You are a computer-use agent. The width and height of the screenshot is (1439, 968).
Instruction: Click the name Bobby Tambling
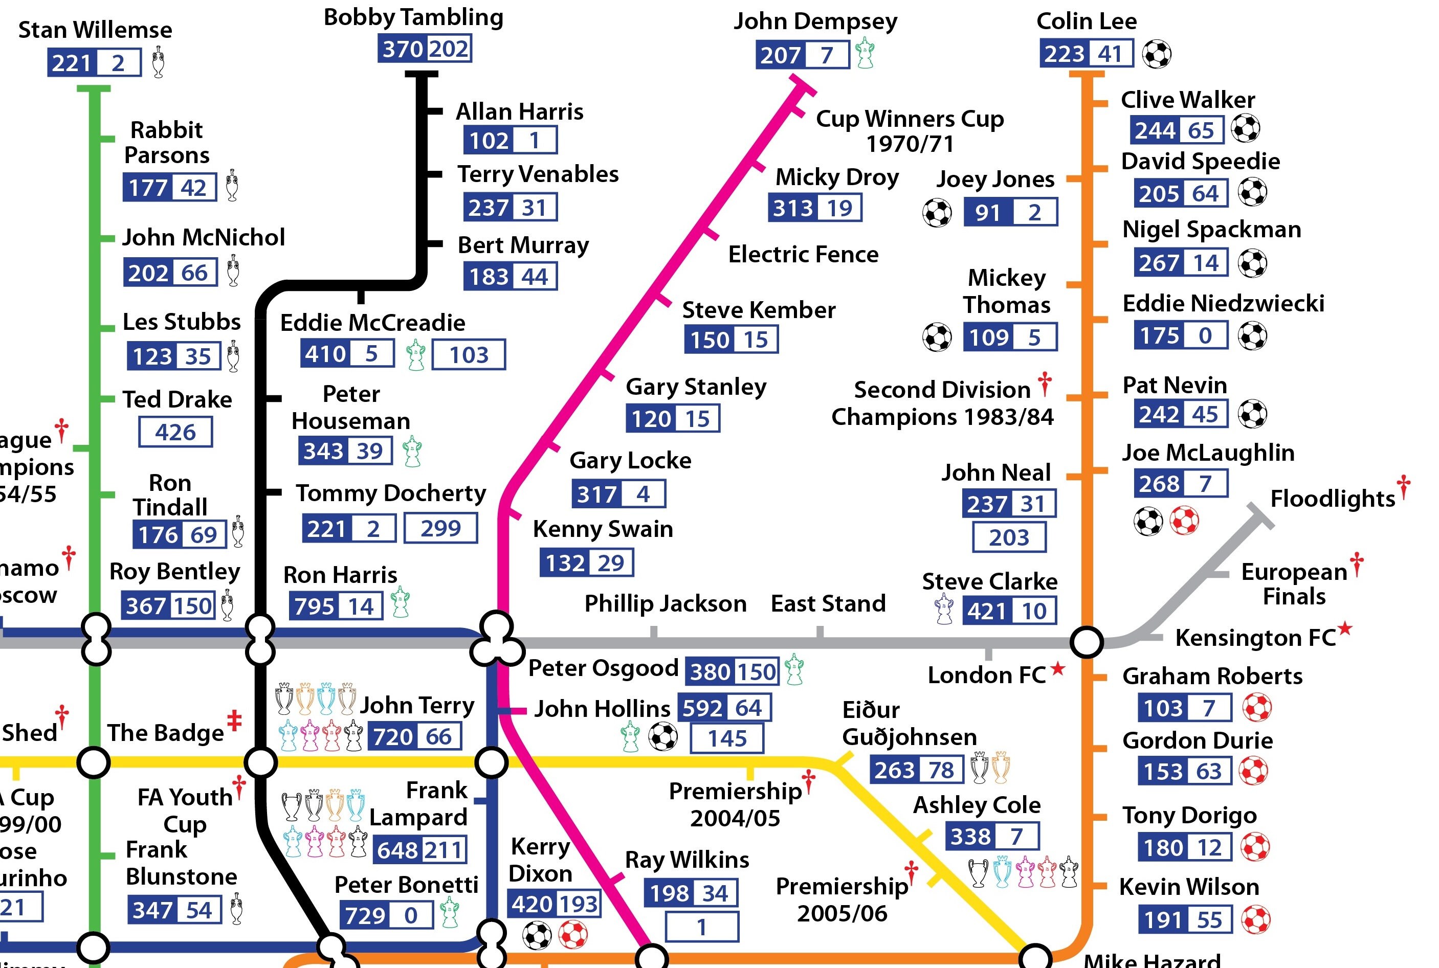pyautogui.click(x=413, y=17)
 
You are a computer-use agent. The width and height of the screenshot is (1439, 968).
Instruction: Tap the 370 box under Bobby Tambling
pyautogui.click(x=402, y=49)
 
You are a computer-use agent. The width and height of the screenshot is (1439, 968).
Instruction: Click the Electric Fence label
pyautogui.click(x=803, y=254)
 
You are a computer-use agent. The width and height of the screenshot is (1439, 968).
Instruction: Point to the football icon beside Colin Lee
pyautogui.click(x=1156, y=54)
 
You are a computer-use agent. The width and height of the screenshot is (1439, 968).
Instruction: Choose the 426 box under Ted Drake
pyautogui.click(x=175, y=432)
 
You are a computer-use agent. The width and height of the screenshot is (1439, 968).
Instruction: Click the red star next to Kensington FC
pyautogui.click(x=1344, y=629)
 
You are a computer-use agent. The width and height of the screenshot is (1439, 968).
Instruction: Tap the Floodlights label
pyautogui.click(x=1332, y=498)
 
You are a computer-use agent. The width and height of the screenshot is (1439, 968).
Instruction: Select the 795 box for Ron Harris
pyautogui.click(x=314, y=606)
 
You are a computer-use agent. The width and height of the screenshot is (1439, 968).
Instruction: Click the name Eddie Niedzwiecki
pyautogui.click(x=1223, y=303)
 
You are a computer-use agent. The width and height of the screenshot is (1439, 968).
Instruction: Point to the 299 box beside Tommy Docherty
pyautogui.click(x=440, y=528)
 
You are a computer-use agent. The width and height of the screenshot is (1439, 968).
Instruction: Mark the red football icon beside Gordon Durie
pyautogui.click(x=1253, y=771)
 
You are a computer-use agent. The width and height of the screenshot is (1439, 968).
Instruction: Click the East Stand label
pyautogui.click(x=828, y=603)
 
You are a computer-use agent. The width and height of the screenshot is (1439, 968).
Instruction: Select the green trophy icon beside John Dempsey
pyautogui.click(x=865, y=53)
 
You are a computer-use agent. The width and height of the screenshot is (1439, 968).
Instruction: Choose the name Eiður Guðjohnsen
pyautogui.click(x=909, y=723)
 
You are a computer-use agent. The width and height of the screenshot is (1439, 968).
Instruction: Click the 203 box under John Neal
pyautogui.click(x=1009, y=537)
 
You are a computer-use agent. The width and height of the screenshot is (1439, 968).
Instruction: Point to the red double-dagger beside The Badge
pyautogui.click(x=234, y=721)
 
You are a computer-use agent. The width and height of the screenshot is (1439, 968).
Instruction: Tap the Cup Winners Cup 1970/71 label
pyautogui.click(x=909, y=130)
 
